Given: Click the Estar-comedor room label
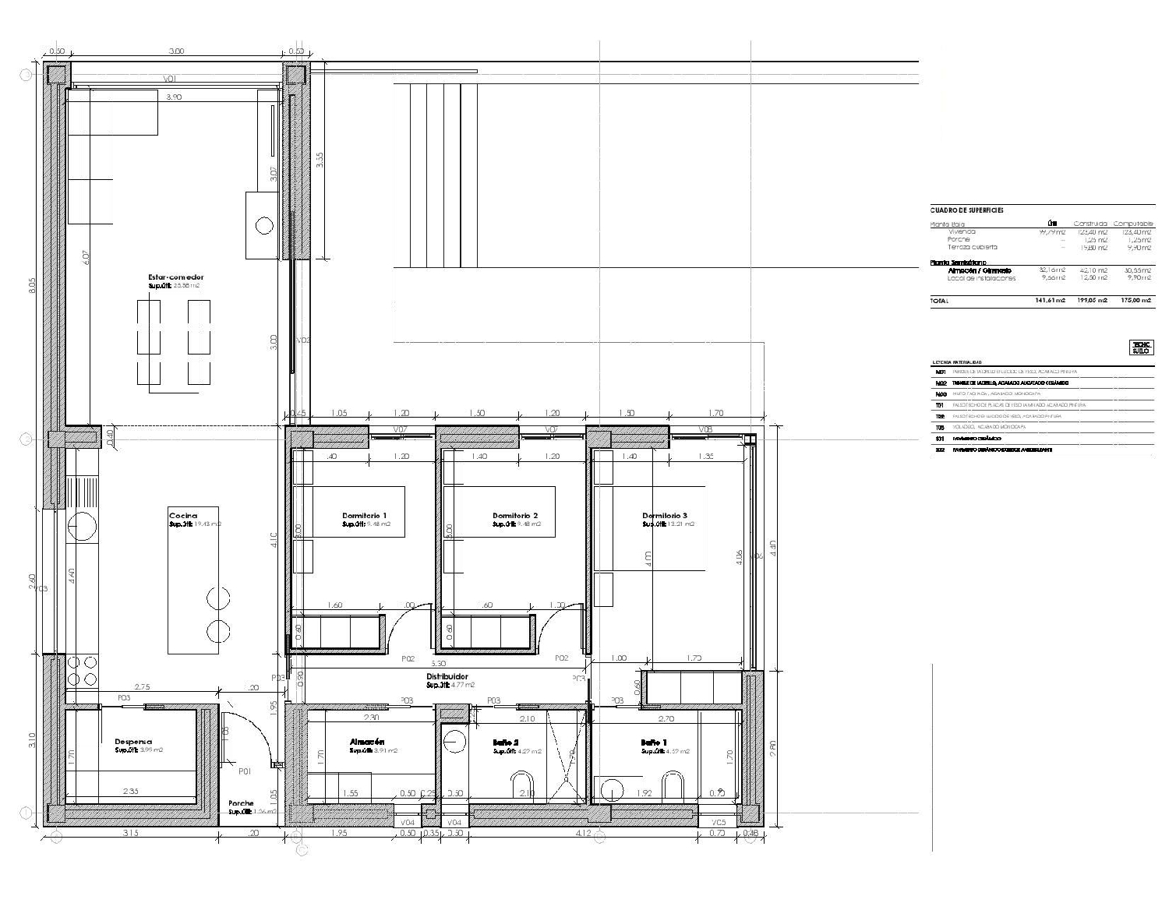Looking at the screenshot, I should point(175,277).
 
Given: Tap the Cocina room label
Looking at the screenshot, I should point(183,516).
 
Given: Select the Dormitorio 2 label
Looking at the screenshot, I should point(515,516).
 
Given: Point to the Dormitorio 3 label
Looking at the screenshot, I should point(665,516).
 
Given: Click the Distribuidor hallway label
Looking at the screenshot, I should point(447,677).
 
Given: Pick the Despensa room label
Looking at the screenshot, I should point(133,742).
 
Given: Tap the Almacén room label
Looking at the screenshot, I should point(368,743).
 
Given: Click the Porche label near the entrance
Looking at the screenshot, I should point(241,803).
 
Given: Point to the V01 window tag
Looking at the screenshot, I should point(170,79).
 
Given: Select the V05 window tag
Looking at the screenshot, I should point(719,823).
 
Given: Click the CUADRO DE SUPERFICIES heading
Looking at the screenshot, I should point(967,210).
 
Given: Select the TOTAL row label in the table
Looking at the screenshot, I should point(940,300).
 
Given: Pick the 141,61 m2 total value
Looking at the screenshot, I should point(1050,300).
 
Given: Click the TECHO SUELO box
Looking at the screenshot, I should point(1141,347).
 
